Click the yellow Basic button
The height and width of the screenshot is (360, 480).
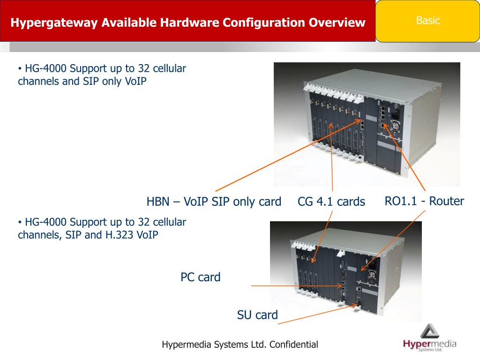[427, 21]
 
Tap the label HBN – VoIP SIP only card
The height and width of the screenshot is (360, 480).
[214, 202]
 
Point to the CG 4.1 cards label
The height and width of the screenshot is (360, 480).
[331, 202]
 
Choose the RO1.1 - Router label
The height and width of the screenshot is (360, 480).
[424, 201]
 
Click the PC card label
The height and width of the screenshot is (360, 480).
[200, 277]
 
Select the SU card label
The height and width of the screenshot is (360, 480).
[257, 315]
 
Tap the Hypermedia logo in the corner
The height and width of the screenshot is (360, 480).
[429, 338]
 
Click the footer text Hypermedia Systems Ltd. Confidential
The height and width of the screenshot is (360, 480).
[240, 345]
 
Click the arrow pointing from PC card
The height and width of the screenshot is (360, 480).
[295, 285]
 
